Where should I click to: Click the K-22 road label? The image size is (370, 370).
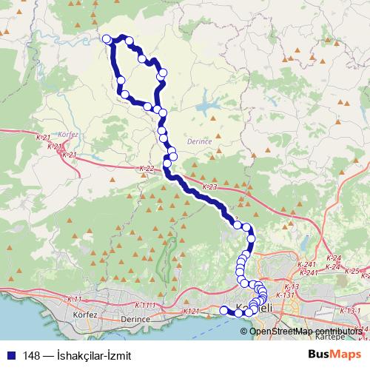[146, 169]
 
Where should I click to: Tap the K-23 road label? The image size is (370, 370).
[209, 187]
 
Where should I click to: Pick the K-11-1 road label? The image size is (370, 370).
[146, 305]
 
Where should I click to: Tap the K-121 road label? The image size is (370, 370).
[191, 312]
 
